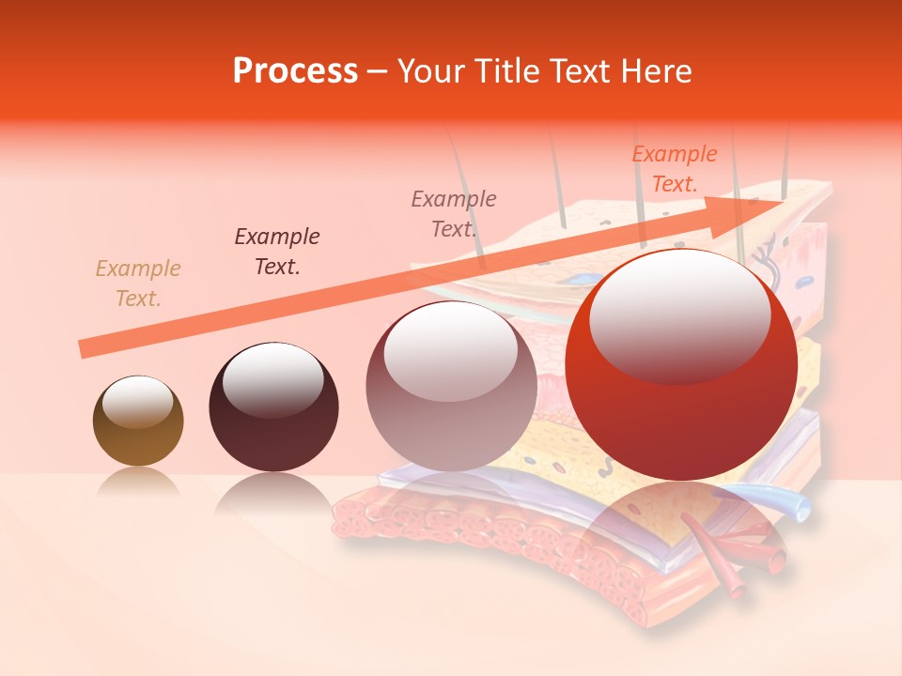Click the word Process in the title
(x=295, y=71)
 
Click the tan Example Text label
(x=138, y=284)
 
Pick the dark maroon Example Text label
(x=277, y=252)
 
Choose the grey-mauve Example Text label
(x=454, y=213)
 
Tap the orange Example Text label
(x=675, y=169)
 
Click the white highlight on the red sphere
(x=679, y=315)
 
